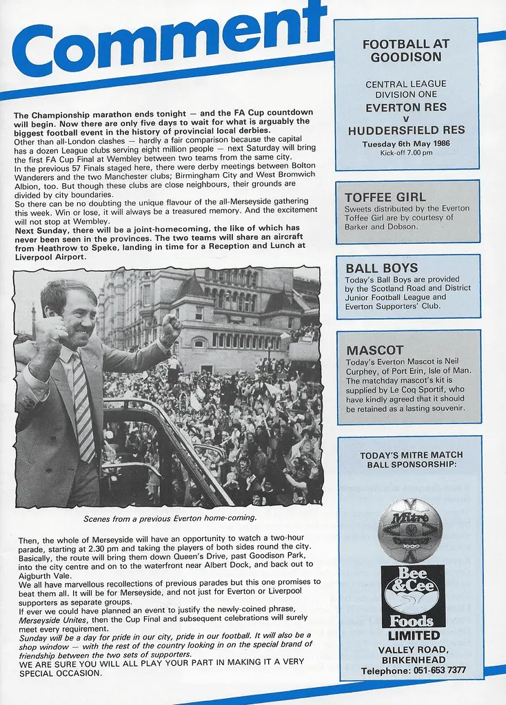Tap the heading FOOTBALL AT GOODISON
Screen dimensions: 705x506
coord(405,51)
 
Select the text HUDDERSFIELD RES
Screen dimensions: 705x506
coord(406,130)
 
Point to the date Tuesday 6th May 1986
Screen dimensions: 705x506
coord(405,144)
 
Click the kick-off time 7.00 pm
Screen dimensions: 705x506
coord(420,153)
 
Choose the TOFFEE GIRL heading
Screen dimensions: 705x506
coord(385,198)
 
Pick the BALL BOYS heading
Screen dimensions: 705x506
coord(382,268)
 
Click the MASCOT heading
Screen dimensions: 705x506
coord(375,350)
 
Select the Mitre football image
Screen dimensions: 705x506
coord(410,530)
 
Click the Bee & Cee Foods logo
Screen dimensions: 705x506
coord(413,596)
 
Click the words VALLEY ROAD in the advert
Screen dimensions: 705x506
coord(413,649)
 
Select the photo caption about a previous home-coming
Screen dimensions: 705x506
coord(170,518)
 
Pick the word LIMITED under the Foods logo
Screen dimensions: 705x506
coord(414,635)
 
